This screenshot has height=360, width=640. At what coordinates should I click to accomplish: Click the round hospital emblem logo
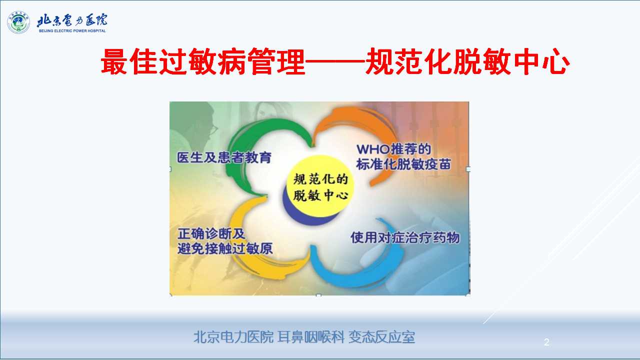(x=18, y=22)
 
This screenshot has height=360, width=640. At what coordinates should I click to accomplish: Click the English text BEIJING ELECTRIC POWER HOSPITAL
(x=72, y=31)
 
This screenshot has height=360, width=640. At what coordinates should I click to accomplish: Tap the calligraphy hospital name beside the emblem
(x=72, y=20)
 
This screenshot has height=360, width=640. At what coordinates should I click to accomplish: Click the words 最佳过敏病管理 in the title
(x=203, y=61)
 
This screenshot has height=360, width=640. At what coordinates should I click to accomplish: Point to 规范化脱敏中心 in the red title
(x=467, y=61)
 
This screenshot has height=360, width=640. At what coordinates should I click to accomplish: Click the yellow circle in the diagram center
(x=320, y=185)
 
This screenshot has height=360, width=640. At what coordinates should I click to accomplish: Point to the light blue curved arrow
(x=380, y=274)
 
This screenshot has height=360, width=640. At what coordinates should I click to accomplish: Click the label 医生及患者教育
(x=224, y=157)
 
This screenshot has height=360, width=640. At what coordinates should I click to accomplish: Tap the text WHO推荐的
(x=393, y=149)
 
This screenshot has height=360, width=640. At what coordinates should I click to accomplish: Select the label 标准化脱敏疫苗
(x=403, y=164)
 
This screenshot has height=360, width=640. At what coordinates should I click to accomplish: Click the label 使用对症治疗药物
(x=405, y=237)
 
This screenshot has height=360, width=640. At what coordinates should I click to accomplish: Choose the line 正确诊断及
(x=211, y=233)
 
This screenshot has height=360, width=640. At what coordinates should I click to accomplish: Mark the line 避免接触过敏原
(x=225, y=248)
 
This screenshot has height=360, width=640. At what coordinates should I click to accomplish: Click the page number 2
(x=546, y=342)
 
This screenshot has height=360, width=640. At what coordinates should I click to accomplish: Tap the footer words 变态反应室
(x=381, y=337)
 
